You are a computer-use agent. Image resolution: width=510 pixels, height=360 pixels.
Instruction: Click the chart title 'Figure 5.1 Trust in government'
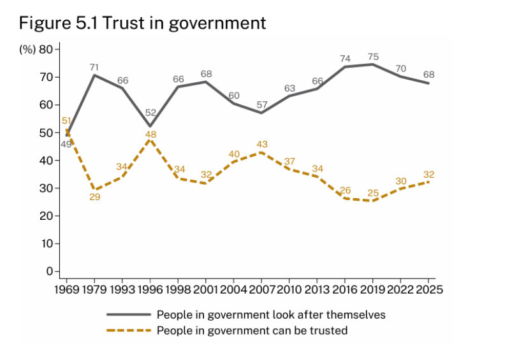142,24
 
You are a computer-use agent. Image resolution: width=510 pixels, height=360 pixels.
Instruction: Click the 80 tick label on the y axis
45,50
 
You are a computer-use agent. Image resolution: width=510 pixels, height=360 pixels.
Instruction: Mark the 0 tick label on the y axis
48,271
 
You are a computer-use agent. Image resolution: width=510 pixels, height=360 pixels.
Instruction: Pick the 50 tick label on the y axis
45,133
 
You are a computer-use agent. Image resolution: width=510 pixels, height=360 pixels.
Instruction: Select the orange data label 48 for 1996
150,134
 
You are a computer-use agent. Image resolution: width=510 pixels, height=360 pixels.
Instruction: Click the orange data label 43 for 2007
262,145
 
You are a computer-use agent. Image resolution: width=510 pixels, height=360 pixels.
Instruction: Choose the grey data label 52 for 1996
150,113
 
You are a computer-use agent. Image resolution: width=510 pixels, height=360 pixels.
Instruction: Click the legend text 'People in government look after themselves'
271,315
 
